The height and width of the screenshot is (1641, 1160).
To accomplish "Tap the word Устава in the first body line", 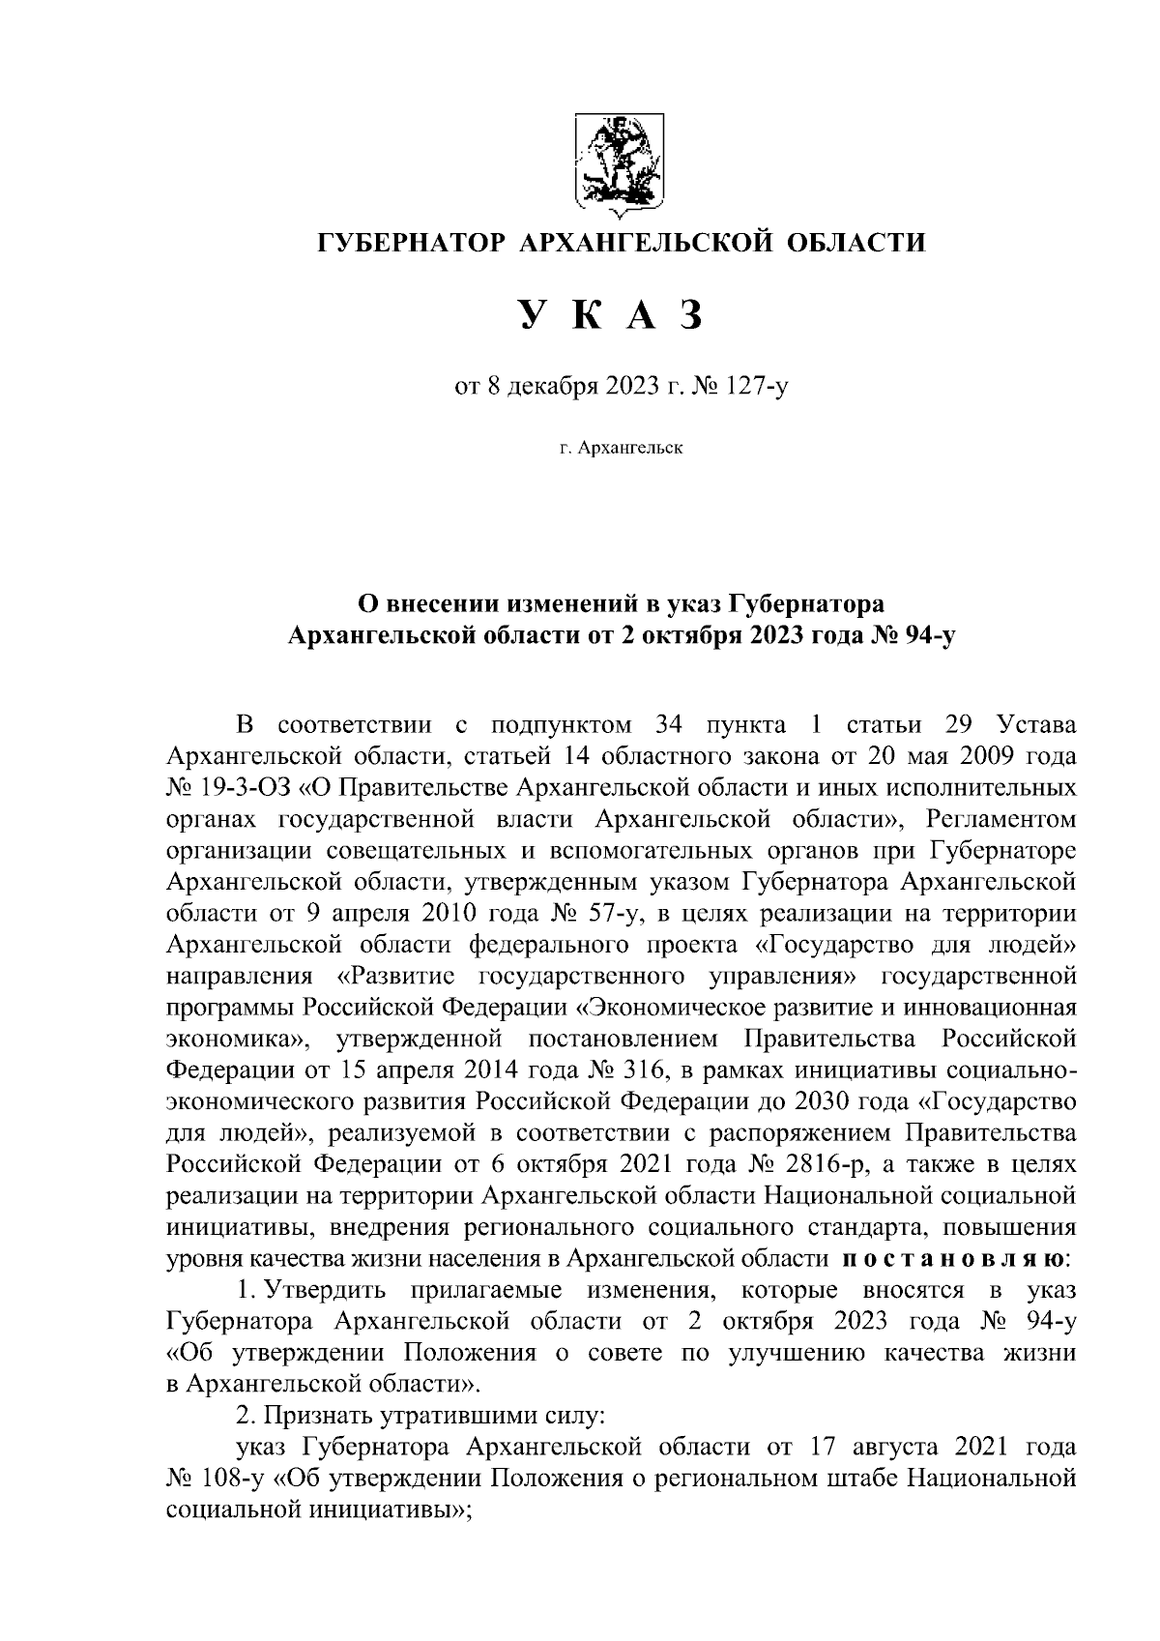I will tap(1034, 723).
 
